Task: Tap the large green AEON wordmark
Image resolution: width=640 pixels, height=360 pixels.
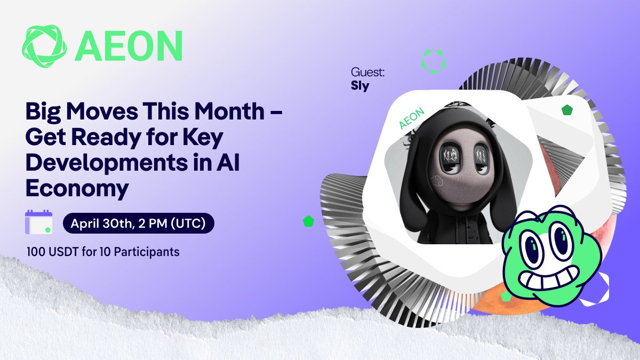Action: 129,45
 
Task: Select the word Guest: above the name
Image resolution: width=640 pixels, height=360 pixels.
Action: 367,72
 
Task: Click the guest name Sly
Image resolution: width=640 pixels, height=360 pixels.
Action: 360,86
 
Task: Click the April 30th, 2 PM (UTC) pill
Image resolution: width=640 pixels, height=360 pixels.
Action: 138,223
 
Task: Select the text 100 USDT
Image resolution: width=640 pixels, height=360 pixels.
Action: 49,251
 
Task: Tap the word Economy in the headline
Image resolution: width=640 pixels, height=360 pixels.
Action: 77,188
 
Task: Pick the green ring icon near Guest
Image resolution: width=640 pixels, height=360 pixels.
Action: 433,61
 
